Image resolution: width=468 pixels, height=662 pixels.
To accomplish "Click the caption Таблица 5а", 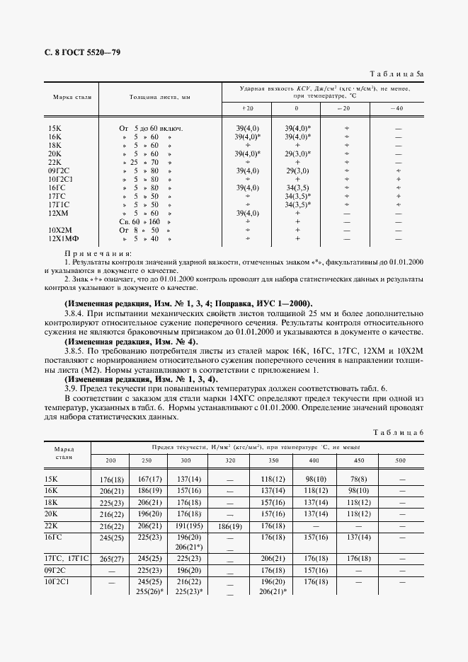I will [x=399, y=74].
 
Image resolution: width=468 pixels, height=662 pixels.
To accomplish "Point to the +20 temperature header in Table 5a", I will [x=247, y=108].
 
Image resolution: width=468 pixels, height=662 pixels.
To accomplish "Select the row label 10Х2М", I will [x=61, y=230].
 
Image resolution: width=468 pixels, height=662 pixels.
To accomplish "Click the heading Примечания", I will [x=98, y=253].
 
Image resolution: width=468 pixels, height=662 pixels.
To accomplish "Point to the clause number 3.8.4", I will [x=76, y=313].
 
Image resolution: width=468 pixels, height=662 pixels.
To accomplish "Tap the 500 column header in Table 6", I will [x=401, y=460].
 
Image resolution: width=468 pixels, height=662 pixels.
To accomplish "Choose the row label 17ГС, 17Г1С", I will [x=67, y=558].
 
